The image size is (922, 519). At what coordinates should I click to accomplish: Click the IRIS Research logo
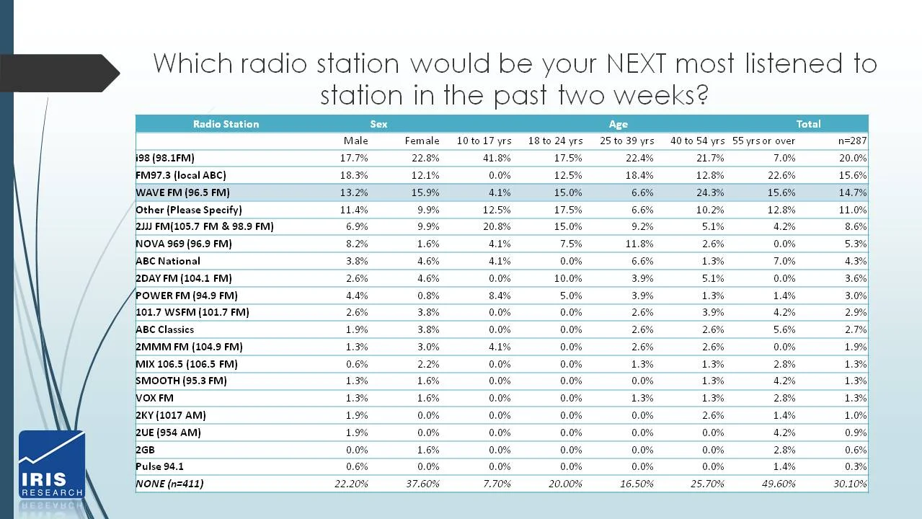point(51,465)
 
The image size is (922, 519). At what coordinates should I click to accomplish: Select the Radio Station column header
point(226,124)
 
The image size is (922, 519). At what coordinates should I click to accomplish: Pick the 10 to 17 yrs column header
point(484,141)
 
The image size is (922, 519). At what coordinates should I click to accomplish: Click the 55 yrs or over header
point(763,141)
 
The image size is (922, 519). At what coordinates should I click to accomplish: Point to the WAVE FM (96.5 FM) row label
point(183,192)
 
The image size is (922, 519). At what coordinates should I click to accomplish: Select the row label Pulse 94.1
point(159,466)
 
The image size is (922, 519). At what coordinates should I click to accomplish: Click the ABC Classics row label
point(165,329)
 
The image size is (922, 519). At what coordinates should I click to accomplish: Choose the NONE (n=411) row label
point(169,484)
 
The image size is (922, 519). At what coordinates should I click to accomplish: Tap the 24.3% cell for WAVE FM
point(709,192)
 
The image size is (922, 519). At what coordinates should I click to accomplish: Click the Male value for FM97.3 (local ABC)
point(354,175)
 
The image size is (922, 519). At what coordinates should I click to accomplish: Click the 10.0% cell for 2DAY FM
point(567,278)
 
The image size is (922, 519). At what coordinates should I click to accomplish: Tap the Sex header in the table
point(378,124)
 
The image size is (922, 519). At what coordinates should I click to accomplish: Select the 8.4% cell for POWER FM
point(498,296)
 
